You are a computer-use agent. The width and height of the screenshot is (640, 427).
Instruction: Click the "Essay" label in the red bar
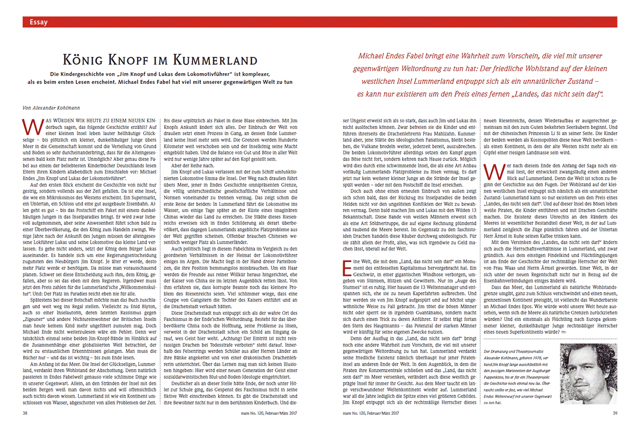[x=39, y=22]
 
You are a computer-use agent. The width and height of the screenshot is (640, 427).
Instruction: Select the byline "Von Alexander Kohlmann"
[x=49, y=107]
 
